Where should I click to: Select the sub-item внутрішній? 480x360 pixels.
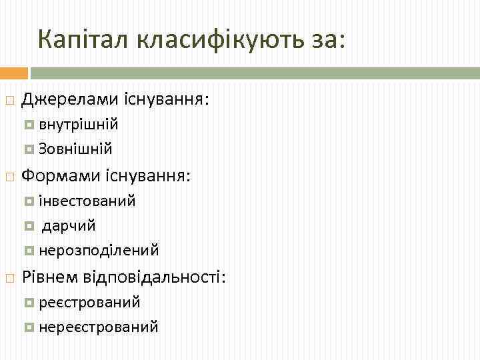pos(78,125)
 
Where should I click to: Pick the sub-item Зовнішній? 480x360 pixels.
pos(75,149)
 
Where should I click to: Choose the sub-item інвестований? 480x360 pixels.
pos(87,200)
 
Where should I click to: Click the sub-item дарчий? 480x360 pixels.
pos(69,225)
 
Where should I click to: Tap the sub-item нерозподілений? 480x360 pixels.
pos(98,251)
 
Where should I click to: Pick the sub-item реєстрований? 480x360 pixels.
pos(89,302)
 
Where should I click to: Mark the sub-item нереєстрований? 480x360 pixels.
pos(98,327)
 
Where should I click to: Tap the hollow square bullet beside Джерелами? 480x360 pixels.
pos(9,101)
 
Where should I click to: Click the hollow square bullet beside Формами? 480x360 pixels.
pos(9,177)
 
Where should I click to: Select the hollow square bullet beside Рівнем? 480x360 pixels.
pos(9,277)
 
